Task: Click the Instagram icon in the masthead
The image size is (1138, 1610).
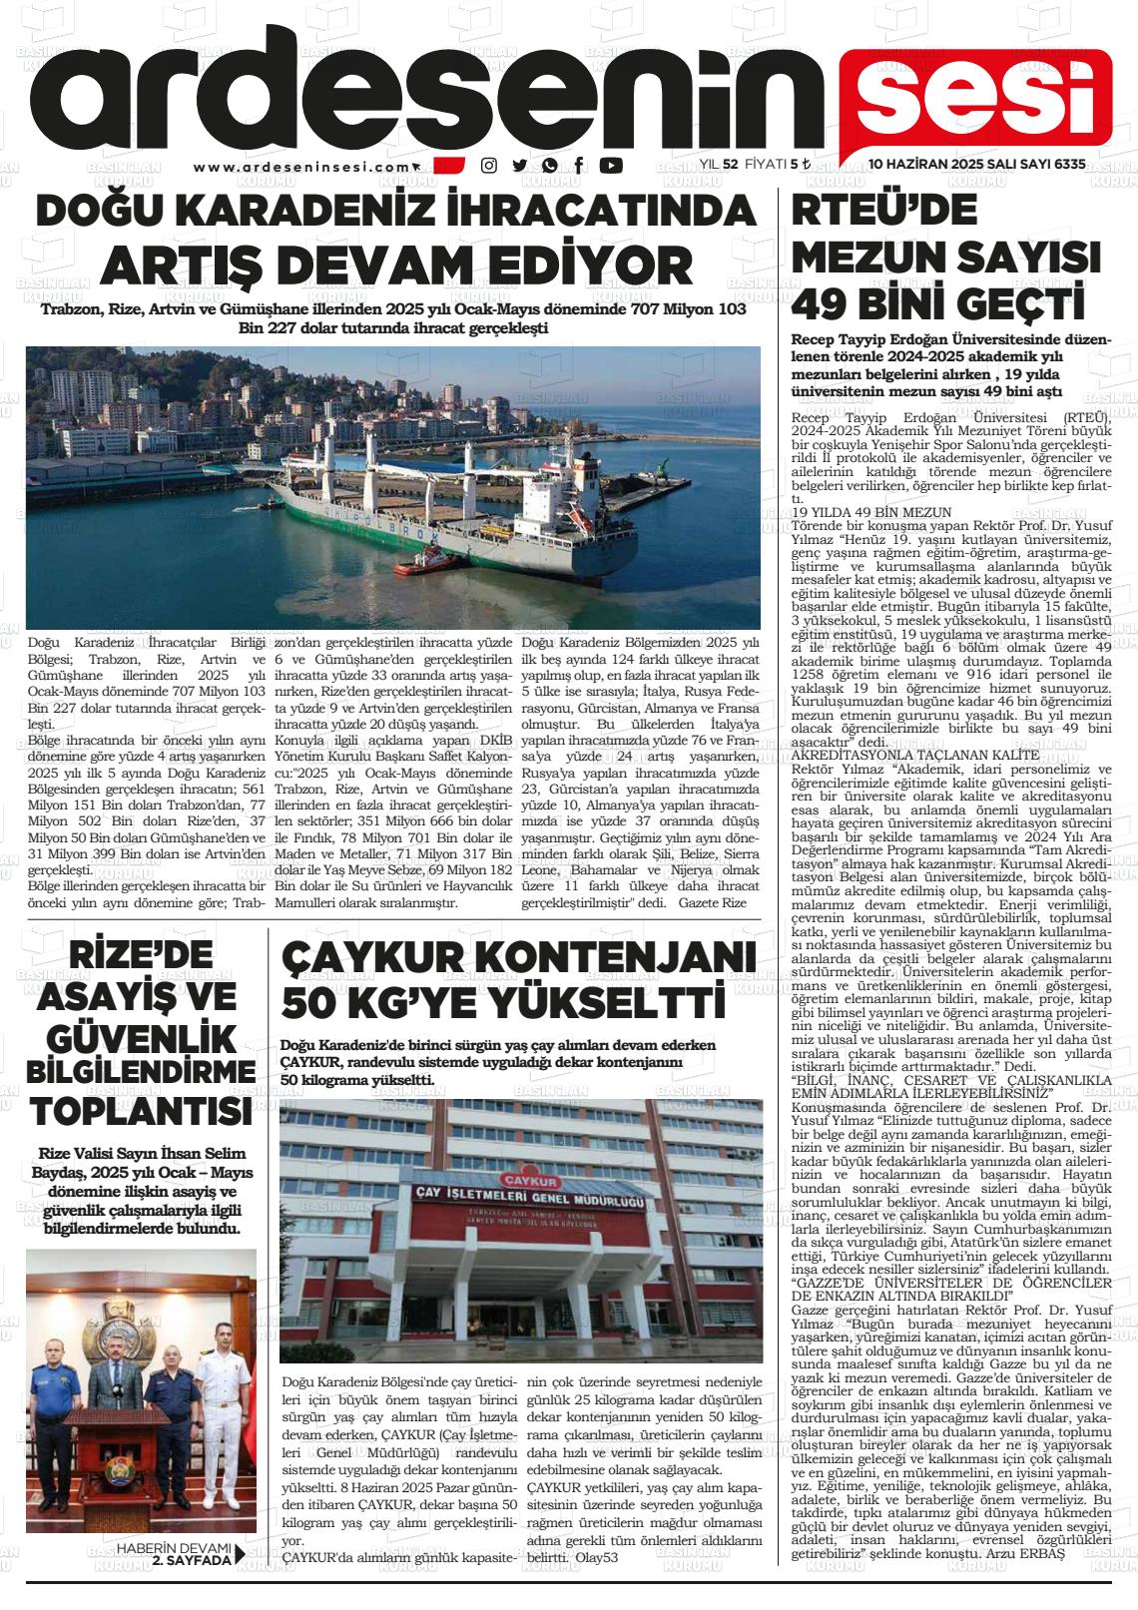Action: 489,166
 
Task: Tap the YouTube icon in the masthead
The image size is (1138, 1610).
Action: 611,166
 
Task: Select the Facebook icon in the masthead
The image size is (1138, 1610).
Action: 580,166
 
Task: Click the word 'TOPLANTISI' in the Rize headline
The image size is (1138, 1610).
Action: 141,1111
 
